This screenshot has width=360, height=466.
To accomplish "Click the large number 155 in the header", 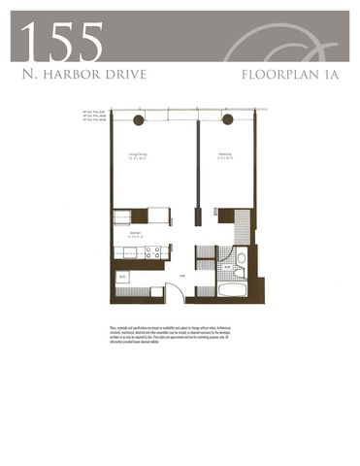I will (60, 41).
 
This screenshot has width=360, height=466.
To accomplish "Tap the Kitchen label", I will (126, 234).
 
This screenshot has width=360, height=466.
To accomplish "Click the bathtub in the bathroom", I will (233, 289).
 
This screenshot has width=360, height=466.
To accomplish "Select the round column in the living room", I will (138, 119).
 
